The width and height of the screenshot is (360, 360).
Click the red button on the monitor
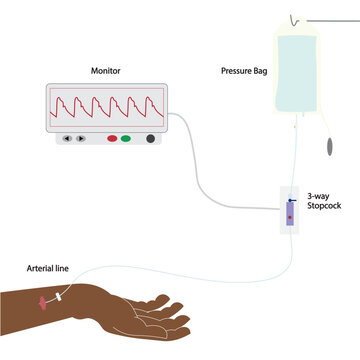[x=112, y=138]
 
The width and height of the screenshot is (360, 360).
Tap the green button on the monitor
[x=126, y=138]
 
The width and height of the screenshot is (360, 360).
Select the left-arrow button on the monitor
[x=67, y=138]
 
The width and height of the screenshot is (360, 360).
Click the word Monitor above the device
[x=106, y=71]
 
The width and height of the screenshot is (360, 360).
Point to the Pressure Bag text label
[x=241, y=71]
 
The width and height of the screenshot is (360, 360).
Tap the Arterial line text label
[x=48, y=267]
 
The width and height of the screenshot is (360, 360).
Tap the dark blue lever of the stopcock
[x=291, y=203]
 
